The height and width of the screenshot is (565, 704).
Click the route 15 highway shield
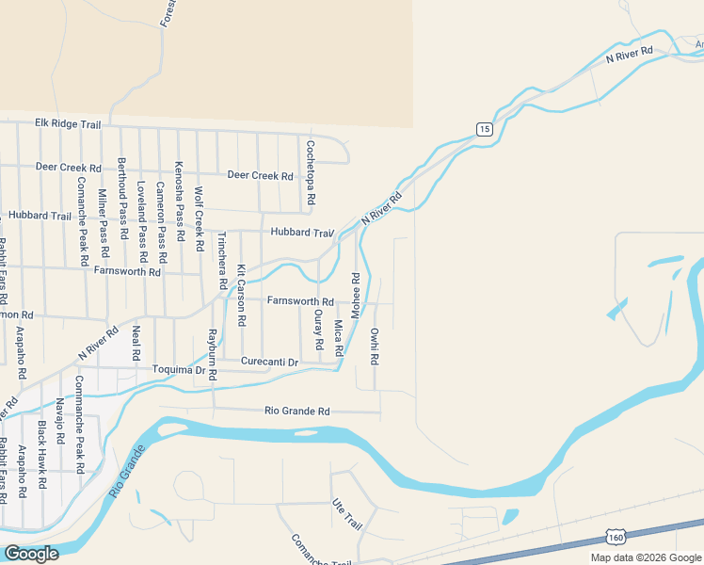coord(484,129)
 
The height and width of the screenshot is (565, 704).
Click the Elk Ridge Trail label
coord(67,122)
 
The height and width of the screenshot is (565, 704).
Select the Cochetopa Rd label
coord(310,174)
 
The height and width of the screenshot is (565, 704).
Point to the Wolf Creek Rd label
coord(199,219)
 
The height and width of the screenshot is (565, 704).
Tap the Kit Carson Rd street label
coord(241,295)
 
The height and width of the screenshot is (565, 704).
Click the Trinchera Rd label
coord(222,260)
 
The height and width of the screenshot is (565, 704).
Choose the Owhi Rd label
coord(374,346)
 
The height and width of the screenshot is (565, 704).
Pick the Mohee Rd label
coord(356,296)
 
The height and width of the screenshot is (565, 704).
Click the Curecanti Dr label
coord(269,362)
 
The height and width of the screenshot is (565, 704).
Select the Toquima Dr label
coord(178,371)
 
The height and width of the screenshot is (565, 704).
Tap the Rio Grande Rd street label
coord(297,412)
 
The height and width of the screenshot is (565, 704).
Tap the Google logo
coord(31,554)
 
